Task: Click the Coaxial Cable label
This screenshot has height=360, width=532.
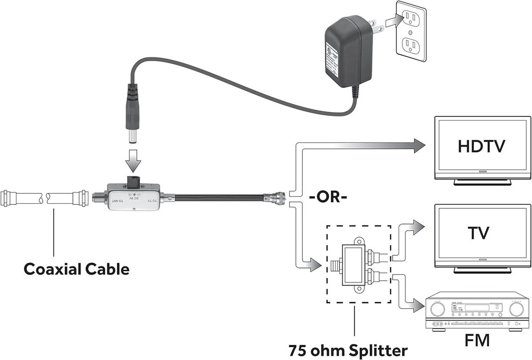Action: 76,269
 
